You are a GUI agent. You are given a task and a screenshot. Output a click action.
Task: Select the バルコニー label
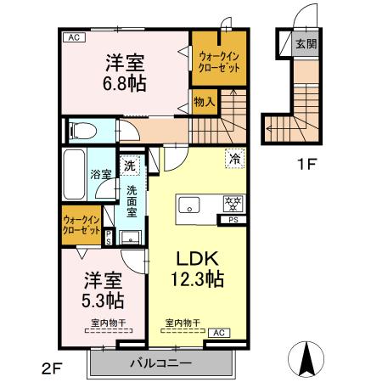(160, 363)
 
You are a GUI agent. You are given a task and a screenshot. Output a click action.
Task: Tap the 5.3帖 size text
(103, 300)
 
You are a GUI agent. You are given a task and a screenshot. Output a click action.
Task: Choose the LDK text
(199, 257)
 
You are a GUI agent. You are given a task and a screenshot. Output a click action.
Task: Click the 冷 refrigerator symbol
(232, 157)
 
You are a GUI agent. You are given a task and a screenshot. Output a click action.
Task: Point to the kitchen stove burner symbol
(231, 203)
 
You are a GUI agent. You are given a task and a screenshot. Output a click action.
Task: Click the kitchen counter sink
(188, 204)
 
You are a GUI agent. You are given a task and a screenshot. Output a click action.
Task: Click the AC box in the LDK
(218, 332)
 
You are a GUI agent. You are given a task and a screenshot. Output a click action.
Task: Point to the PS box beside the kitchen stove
(233, 219)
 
